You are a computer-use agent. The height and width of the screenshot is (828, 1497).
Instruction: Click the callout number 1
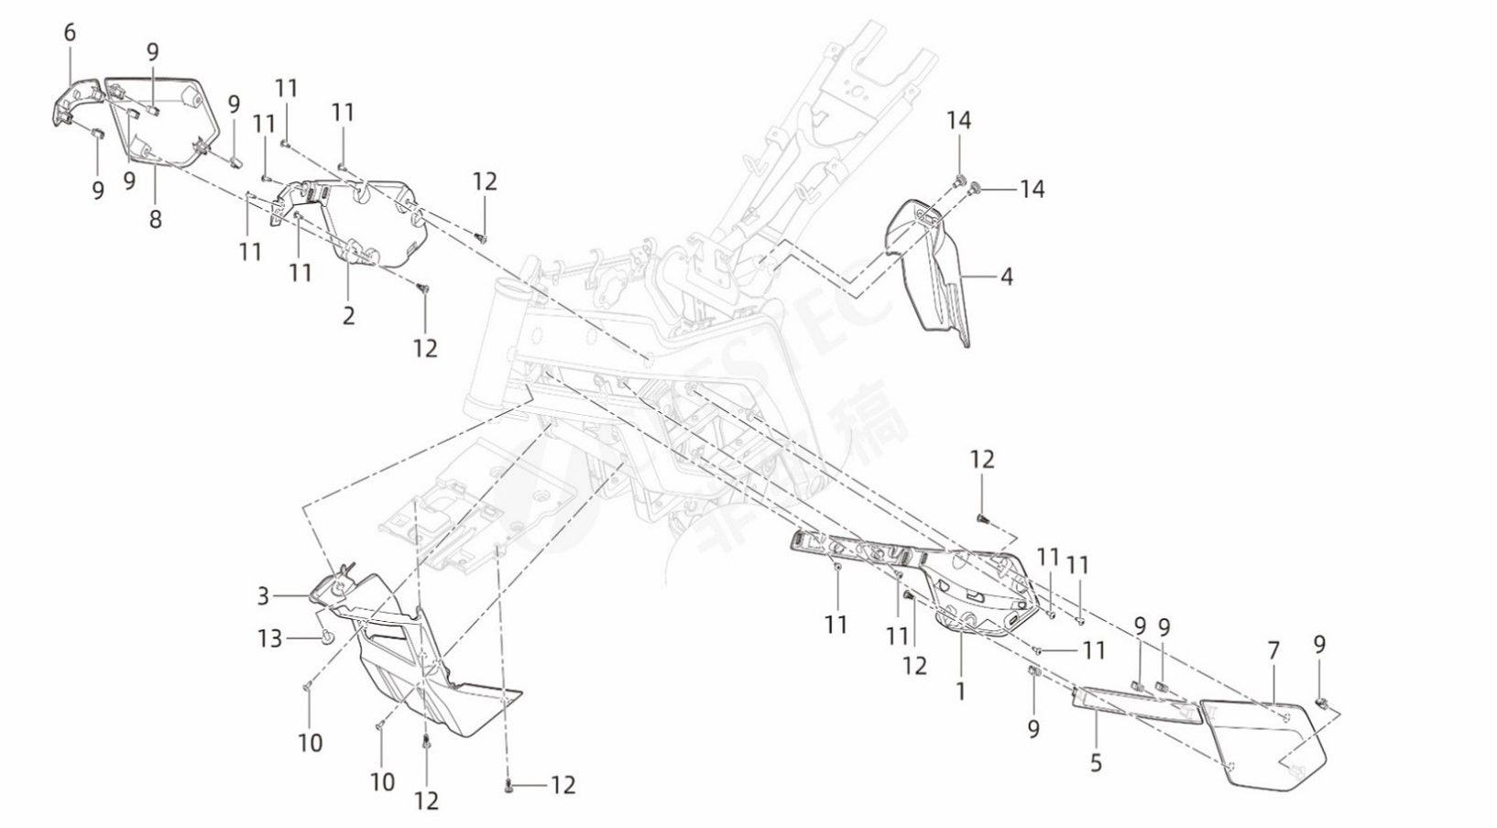click(x=960, y=691)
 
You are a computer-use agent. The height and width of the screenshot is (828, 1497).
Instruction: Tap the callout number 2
click(x=348, y=316)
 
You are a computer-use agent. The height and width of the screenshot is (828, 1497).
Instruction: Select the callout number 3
click(x=263, y=596)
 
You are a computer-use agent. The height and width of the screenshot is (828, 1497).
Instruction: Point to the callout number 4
click(x=1006, y=276)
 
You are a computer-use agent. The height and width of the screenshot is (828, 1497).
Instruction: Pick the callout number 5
click(x=1096, y=761)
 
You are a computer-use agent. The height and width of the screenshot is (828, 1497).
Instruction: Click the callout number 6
click(x=70, y=33)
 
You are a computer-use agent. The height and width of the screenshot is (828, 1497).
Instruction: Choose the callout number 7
click(x=1273, y=652)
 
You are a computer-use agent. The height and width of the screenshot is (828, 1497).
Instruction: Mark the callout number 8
click(x=155, y=220)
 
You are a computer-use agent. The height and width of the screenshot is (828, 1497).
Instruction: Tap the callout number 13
click(x=269, y=637)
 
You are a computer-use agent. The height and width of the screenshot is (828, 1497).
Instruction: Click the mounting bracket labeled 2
click(x=366, y=220)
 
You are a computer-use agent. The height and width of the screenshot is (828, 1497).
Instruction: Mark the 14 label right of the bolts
click(x=1033, y=189)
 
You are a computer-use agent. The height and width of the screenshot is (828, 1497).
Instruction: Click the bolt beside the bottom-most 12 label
click(x=508, y=786)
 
